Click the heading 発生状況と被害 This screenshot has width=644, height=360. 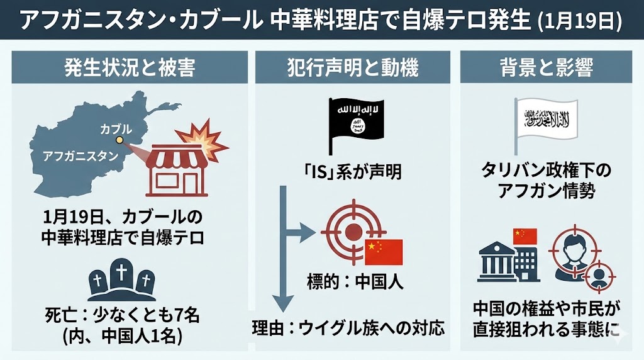(x=129, y=67)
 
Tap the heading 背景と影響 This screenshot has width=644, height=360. (x=547, y=67)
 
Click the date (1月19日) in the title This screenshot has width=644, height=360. (x=580, y=20)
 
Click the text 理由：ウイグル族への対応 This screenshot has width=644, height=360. (x=348, y=328)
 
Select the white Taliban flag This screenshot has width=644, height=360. (x=547, y=121)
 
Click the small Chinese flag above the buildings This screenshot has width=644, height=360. (x=525, y=236)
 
